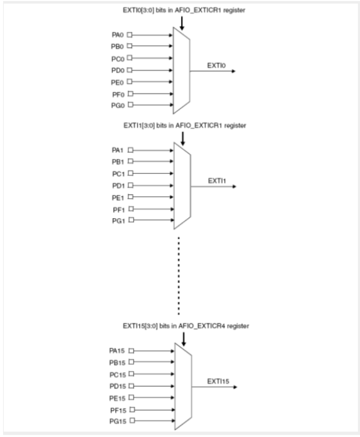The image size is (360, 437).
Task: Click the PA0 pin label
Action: (x=118, y=35)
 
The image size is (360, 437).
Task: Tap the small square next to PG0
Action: (x=130, y=105)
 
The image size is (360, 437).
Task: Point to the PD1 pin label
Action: (x=118, y=185)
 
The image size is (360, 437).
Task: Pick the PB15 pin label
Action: (x=116, y=362)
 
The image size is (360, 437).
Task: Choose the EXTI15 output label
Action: (x=219, y=382)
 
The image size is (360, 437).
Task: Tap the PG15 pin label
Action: (x=116, y=421)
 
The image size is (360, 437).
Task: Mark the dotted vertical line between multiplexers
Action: (x=178, y=274)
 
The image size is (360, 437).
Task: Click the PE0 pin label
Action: (x=118, y=82)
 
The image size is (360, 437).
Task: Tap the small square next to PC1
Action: (x=130, y=173)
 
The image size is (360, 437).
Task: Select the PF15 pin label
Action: (x=116, y=409)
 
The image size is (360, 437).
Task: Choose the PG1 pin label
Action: (x=118, y=221)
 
